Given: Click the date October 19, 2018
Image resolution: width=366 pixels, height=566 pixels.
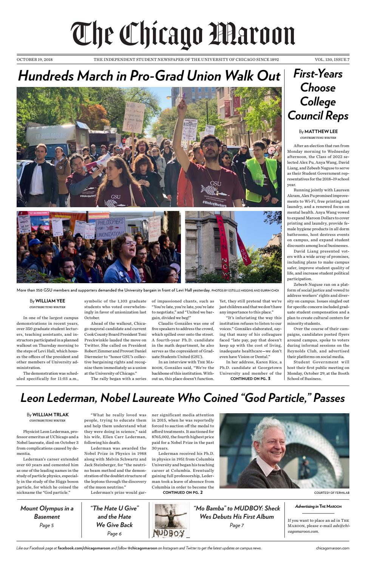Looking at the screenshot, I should tap(34, 60).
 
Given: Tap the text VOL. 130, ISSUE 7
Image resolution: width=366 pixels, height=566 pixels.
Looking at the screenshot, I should tap(332, 60).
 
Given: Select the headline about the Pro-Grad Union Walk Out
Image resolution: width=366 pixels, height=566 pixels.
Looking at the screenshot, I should tap(149, 76).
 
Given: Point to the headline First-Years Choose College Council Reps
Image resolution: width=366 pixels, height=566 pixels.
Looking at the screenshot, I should tap(318, 95).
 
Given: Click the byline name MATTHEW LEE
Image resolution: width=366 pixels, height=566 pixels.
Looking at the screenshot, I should tap(321, 132).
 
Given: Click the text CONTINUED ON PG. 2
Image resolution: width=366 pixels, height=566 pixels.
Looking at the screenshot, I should tap(182, 492).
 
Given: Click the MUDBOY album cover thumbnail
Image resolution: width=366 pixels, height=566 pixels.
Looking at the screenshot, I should tap(171, 520).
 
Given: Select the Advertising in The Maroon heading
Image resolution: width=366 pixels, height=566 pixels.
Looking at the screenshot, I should tap(318, 506).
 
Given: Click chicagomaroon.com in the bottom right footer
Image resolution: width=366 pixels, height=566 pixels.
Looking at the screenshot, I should tap(332, 548).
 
